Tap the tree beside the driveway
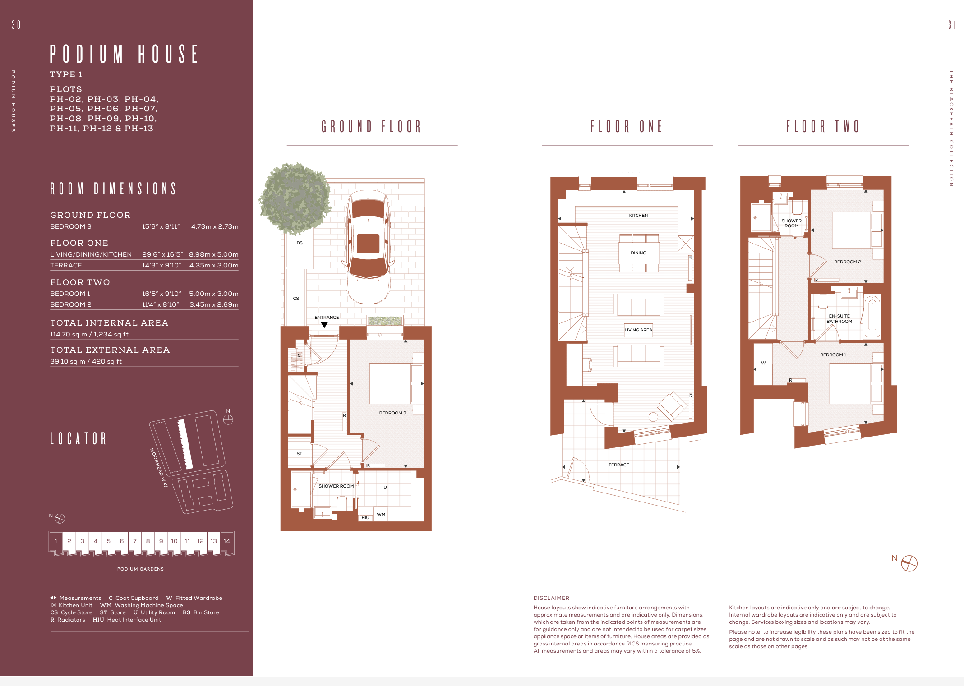(x=295, y=198)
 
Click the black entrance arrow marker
(x=324, y=325)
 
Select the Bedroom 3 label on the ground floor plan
(x=392, y=413)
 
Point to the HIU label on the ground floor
(x=365, y=518)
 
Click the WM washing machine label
(x=381, y=515)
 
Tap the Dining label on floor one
(x=638, y=253)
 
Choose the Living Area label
(x=638, y=330)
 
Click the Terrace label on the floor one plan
(x=618, y=465)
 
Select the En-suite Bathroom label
(x=839, y=319)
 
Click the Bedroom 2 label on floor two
(x=847, y=262)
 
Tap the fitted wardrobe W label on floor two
(x=763, y=363)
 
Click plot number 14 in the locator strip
(x=226, y=541)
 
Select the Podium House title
(x=124, y=54)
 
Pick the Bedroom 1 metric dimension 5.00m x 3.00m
(x=214, y=294)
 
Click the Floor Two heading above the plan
(x=823, y=126)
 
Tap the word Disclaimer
(x=551, y=598)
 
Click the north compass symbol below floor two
(x=909, y=563)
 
